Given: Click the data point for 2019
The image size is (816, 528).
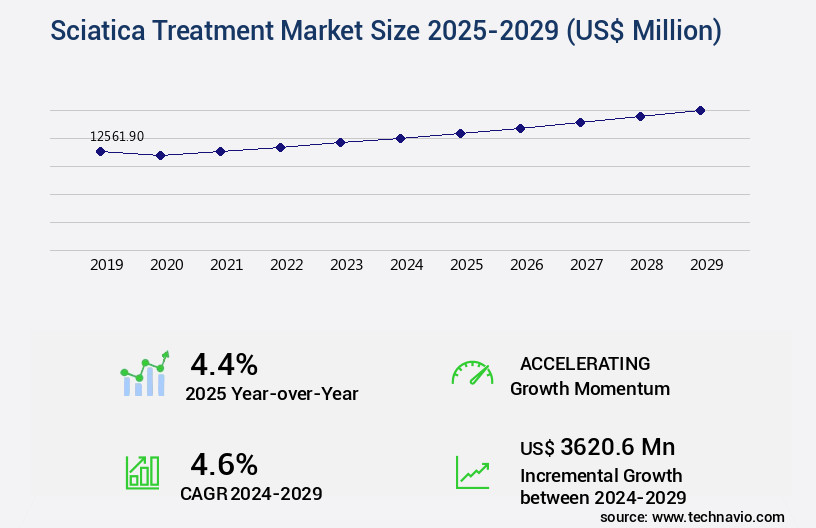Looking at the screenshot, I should coord(100,151).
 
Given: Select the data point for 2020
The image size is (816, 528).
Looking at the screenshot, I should coord(160,155).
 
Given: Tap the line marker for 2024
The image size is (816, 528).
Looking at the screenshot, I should coord(400,138).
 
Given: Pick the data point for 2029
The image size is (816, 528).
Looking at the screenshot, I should coord(700,110).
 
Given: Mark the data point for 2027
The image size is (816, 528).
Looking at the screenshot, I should coord(580,122).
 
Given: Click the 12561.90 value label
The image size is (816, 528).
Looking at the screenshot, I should coord(117,136).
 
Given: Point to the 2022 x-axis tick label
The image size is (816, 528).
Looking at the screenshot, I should coord(286,265).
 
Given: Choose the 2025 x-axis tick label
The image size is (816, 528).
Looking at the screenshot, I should coord(466,265).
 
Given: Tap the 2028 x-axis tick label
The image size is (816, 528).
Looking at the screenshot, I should coord(646,265).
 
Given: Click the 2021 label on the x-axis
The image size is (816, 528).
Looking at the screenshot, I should coord(226,265).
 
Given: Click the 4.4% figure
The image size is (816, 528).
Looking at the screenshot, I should coord(224,364).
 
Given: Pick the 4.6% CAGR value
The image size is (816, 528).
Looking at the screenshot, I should coord(224,464).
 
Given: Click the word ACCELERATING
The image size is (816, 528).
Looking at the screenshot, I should coord(585,364).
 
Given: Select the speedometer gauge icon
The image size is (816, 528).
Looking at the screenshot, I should coord(472,373).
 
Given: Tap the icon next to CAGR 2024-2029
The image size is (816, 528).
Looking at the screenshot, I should coord(142,472).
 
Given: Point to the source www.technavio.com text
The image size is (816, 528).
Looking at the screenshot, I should coord(692,516).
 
